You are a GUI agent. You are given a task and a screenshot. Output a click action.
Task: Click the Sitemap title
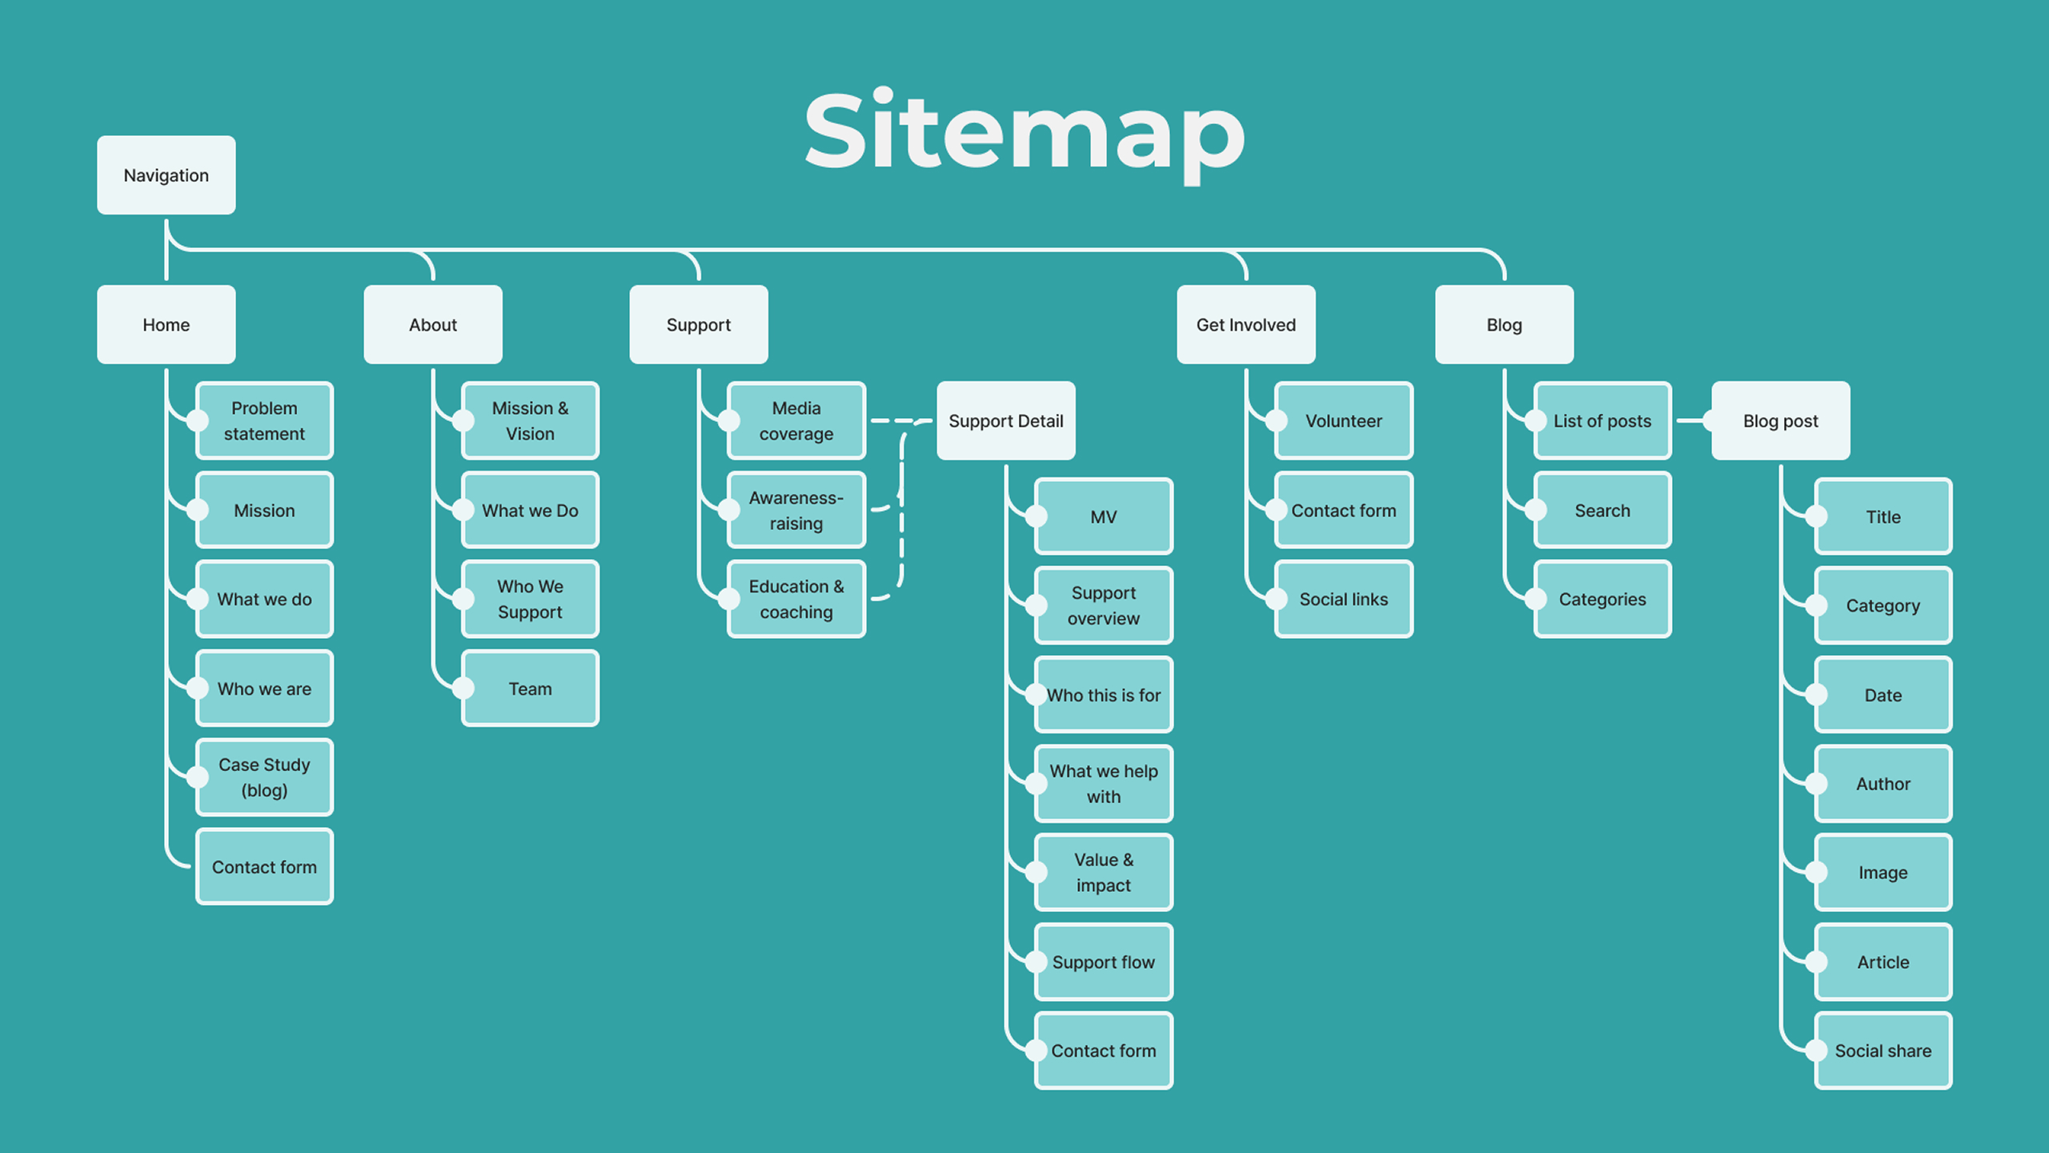(1024, 132)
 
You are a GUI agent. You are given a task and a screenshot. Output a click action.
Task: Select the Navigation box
(166, 175)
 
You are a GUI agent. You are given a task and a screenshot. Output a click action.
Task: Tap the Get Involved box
(1245, 325)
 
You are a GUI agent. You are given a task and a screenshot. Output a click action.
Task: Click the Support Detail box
(1005, 421)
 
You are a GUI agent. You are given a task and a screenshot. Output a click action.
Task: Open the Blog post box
(1780, 421)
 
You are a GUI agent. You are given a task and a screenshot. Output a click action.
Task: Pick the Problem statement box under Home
(264, 421)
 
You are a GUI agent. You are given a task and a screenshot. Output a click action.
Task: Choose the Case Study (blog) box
(264, 777)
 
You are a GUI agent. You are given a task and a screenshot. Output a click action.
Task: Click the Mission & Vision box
(530, 421)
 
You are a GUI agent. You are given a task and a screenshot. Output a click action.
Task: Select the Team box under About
(530, 689)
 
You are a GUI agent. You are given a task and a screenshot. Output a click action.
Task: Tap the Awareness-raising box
(796, 510)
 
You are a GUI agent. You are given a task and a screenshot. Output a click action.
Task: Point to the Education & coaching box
(796, 599)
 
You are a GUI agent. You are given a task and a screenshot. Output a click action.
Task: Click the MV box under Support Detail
(1103, 517)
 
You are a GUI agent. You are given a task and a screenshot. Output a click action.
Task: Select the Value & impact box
(1103, 873)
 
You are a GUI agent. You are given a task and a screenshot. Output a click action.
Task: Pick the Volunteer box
(1343, 421)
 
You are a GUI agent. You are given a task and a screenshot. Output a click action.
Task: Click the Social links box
(1343, 599)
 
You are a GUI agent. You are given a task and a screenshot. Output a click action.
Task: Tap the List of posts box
(1602, 421)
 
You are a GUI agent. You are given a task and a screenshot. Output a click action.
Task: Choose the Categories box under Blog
(1602, 599)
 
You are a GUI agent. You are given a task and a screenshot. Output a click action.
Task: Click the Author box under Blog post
(1883, 784)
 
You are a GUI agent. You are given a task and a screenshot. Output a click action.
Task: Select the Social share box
(1883, 1051)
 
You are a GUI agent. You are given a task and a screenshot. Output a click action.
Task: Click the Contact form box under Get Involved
(1343, 510)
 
